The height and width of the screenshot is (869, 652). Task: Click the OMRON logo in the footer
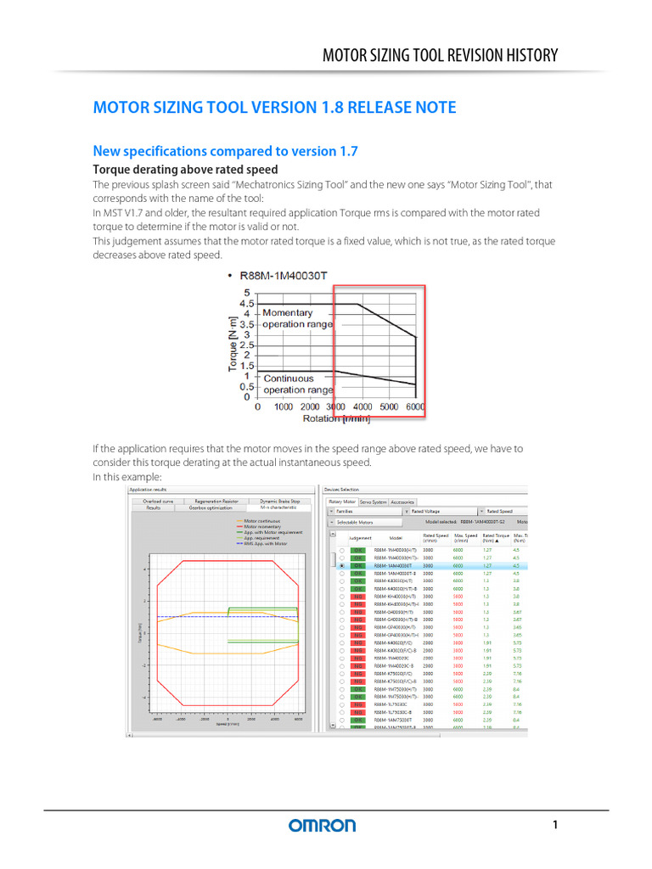[322, 825]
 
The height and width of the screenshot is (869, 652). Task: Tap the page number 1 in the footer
[554, 825]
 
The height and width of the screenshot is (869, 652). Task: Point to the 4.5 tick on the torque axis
[246, 303]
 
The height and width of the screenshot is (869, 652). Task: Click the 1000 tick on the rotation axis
[284, 407]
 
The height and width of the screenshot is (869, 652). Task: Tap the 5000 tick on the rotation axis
[389, 407]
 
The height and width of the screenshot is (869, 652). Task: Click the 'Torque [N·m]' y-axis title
[232, 345]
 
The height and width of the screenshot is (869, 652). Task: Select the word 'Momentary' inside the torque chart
[288, 312]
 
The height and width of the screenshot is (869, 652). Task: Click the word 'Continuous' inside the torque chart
[289, 378]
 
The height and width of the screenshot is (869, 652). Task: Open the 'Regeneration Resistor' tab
[216, 502]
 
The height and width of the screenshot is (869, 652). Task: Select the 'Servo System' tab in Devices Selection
[374, 502]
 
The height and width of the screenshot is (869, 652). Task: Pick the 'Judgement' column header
[360, 538]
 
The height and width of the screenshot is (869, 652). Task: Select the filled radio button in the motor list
[341, 565]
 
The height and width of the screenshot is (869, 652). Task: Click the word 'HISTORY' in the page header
[521, 56]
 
